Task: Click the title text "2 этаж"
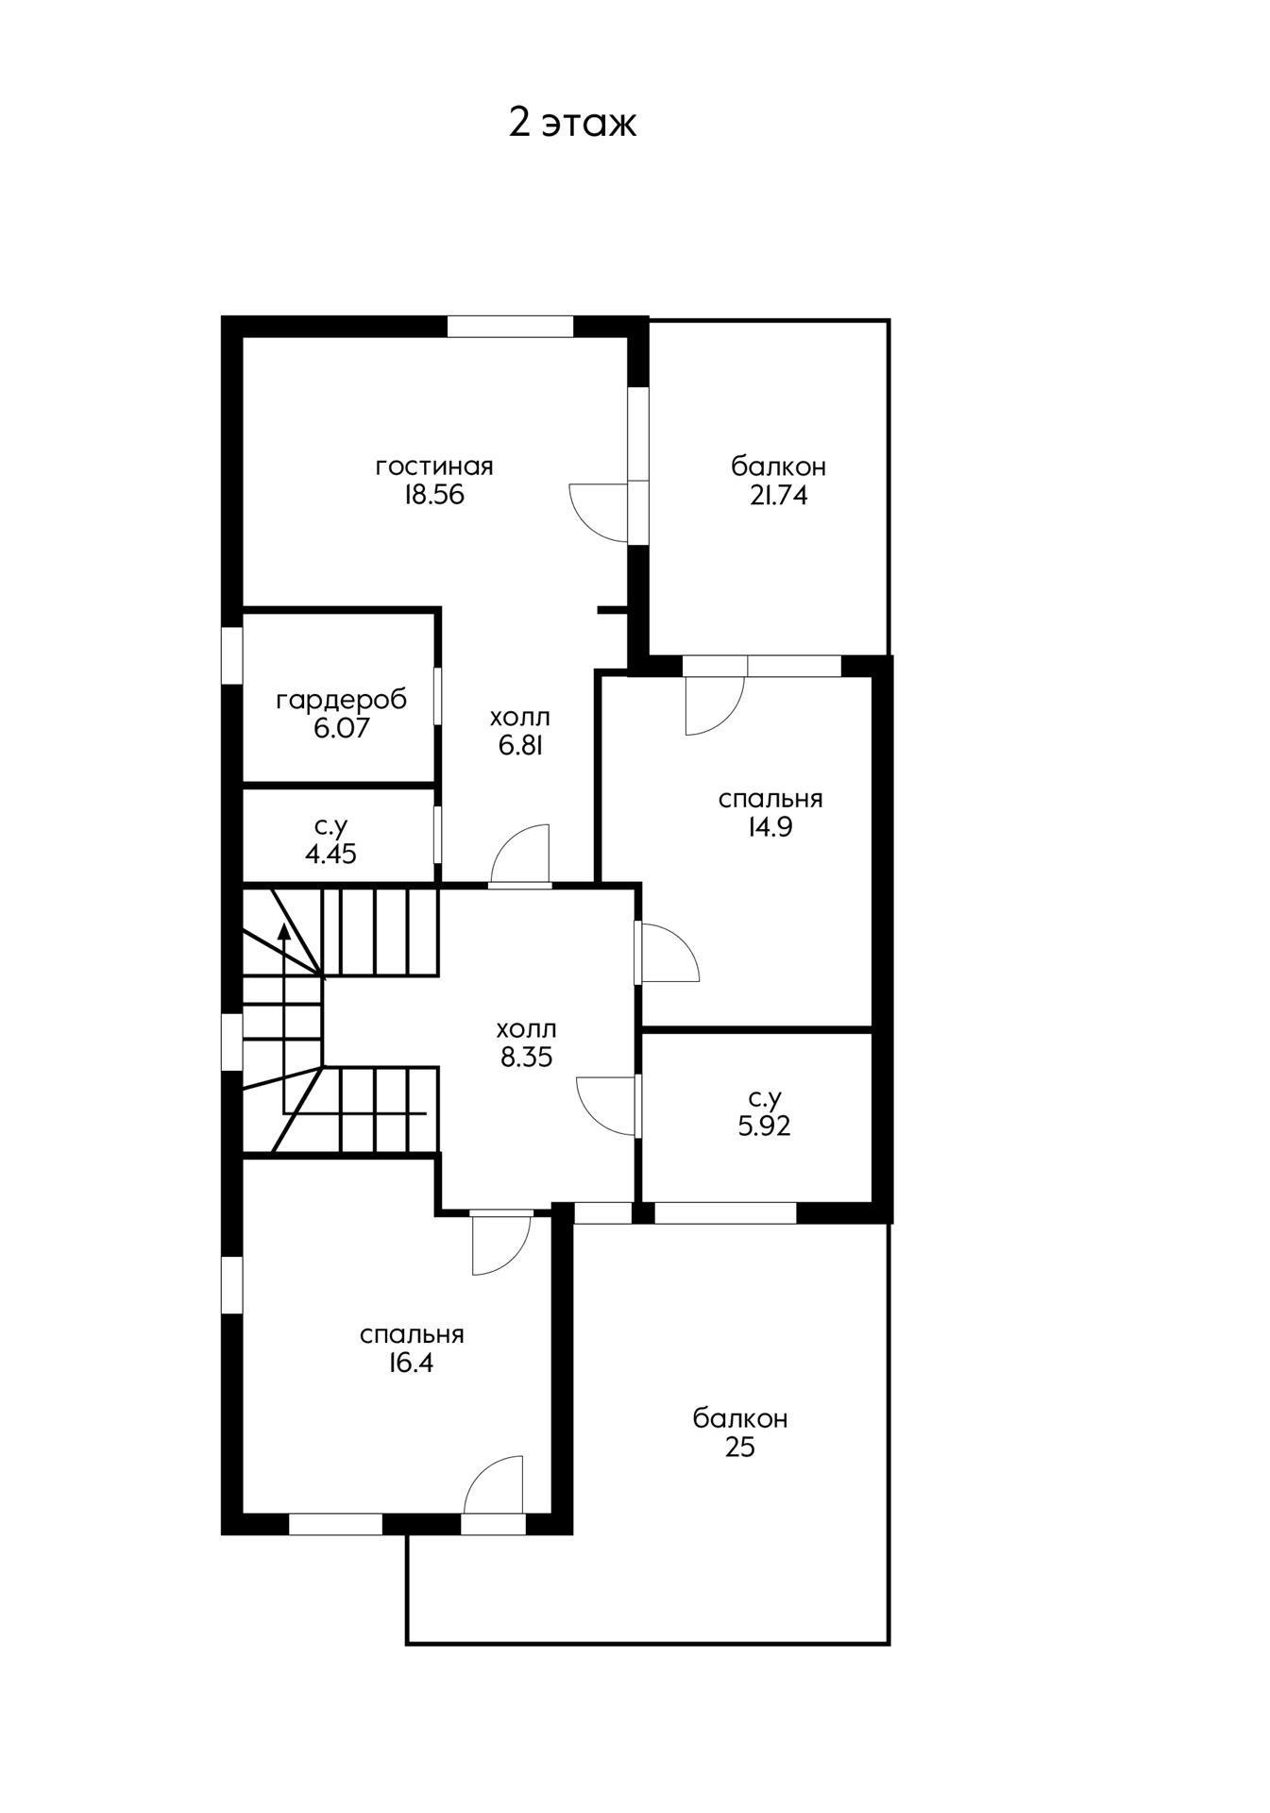click(x=572, y=123)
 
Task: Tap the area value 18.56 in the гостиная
click(x=434, y=496)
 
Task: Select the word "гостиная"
click(x=434, y=466)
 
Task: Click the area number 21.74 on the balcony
click(x=779, y=496)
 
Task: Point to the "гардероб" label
click(x=342, y=701)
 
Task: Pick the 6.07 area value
click(x=342, y=728)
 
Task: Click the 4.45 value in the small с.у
click(x=330, y=855)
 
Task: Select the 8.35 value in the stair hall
click(x=526, y=1058)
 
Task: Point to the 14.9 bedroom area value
click(x=770, y=827)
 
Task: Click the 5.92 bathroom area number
click(x=764, y=1126)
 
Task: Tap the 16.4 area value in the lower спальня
click(x=411, y=1363)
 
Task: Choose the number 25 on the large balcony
click(x=740, y=1448)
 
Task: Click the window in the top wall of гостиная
click(x=510, y=326)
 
